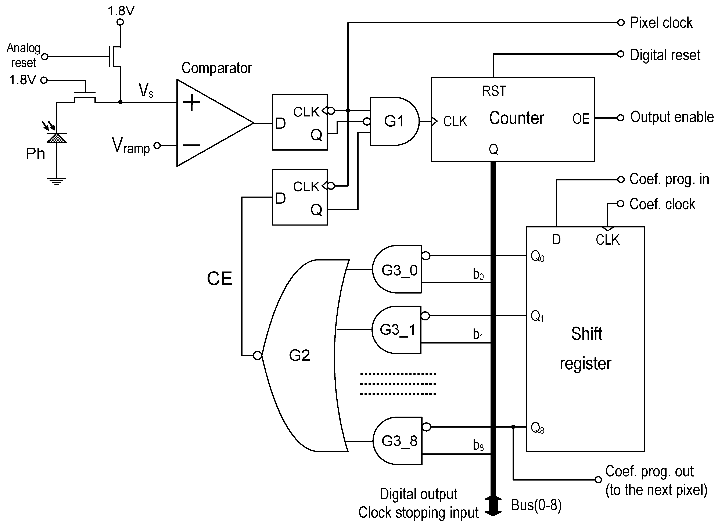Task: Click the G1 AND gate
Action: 394,121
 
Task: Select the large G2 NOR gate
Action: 302,355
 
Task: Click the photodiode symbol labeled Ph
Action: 57,138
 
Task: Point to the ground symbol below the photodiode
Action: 57,180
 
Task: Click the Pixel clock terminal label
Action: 661,23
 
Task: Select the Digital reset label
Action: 665,55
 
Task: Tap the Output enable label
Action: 672,117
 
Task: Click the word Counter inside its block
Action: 517,118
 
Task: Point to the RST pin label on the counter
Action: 494,91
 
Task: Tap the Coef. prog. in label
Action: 669,179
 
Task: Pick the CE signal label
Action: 219,278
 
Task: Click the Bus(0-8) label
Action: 536,505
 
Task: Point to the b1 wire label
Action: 478,334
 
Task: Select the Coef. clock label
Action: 662,204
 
